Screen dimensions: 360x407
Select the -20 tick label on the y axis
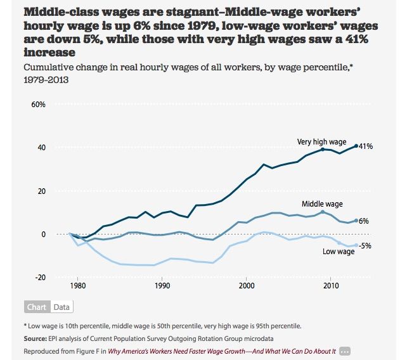click(40, 277)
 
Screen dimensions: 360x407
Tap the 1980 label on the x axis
click(78, 286)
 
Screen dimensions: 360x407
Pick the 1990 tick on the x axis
click(162, 286)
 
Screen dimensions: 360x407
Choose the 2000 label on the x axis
click(247, 286)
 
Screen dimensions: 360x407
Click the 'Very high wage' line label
click(321, 142)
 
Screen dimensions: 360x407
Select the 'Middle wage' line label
click(322, 203)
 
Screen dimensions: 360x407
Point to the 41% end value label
click(366, 146)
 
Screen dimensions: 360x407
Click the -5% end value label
click(365, 245)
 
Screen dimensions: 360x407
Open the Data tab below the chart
click(61, 307)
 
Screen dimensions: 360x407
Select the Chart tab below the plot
click(37, 307)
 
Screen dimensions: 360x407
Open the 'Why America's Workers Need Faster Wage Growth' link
click(221, 350)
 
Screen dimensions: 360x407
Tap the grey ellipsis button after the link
click(345, 350)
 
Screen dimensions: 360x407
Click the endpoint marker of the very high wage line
click(356, 146)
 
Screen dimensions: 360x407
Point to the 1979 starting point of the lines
click(70, 234)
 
